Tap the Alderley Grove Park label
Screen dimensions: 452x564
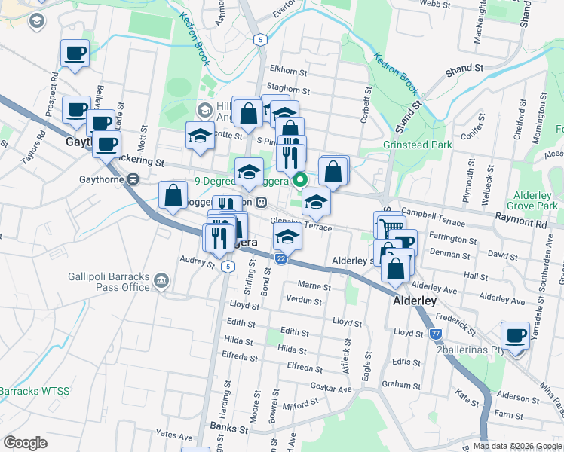532,200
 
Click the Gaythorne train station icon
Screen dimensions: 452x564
133,179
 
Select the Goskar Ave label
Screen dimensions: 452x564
335,389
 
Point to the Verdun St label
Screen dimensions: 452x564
304,301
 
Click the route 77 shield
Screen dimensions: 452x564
435,334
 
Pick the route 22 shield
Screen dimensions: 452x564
280,259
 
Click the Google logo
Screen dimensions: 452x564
25,443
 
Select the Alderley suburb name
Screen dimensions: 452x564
414,301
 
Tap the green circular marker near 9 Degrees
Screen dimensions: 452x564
299,179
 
